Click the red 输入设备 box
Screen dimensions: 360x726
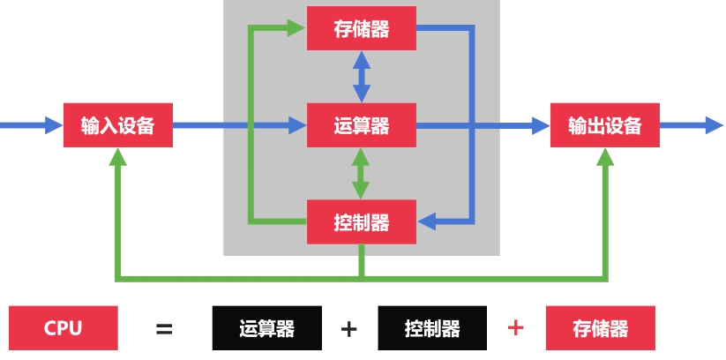[x=117, y=125]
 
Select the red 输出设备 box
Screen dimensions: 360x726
[x=604, y=125]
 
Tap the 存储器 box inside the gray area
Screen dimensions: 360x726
[x=361, y=28]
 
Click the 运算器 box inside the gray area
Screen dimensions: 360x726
[x=361, y=125]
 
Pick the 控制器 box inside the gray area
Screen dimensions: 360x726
[x=361, y=221]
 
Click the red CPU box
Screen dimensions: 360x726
[x=63, y=328]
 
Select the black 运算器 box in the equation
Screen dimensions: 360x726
[x=266, y=329]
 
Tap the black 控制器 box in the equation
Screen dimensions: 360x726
[x=432, y=329]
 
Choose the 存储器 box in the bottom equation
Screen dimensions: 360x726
[x=600, y=329]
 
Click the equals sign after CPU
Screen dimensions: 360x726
[x=164, y=329]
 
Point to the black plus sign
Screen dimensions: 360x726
[x=348, y=329]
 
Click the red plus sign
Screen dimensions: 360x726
[x=516, y=328]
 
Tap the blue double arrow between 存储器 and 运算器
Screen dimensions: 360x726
[x=361, y=77]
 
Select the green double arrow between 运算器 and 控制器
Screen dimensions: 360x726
[x=361, y=173]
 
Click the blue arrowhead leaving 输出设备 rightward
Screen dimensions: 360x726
[x=714, y=125]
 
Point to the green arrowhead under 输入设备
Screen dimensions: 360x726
[x=117, y=157]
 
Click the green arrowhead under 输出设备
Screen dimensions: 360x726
[x=604, y=157]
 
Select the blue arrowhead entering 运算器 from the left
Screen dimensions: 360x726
[x=297, y=125]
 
